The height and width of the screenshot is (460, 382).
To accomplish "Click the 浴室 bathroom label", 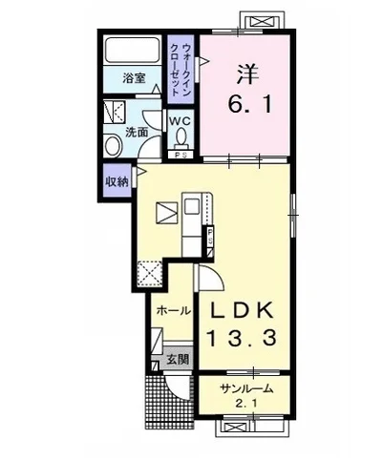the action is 135,78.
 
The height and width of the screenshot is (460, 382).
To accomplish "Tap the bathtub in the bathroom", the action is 133,51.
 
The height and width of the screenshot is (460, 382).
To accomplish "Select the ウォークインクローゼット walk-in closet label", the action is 180,70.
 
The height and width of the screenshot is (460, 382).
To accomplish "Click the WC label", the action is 180,121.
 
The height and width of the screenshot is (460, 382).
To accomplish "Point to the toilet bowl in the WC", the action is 181,136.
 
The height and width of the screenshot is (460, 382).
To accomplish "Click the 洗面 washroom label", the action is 137,133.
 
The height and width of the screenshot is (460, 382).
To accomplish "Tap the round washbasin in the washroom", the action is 113,146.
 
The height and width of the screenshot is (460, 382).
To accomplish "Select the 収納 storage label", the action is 117,182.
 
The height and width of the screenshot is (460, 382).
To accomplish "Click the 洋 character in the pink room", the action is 248,73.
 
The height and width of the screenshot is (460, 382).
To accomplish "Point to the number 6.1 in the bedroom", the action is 250,104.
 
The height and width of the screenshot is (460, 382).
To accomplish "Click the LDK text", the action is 241,310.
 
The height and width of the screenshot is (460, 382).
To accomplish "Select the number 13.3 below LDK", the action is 242,338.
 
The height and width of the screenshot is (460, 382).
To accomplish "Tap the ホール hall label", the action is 174,310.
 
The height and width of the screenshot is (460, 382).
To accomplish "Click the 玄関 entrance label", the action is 179,360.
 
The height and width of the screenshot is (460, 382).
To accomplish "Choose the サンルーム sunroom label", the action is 247,388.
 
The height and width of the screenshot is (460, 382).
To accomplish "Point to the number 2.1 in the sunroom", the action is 246,404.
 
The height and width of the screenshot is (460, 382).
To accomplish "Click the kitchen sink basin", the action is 192,207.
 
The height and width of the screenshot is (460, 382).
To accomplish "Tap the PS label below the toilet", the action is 180,155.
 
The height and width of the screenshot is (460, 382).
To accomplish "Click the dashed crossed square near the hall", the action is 150,273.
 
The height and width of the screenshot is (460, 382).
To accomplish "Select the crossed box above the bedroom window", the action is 262,22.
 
